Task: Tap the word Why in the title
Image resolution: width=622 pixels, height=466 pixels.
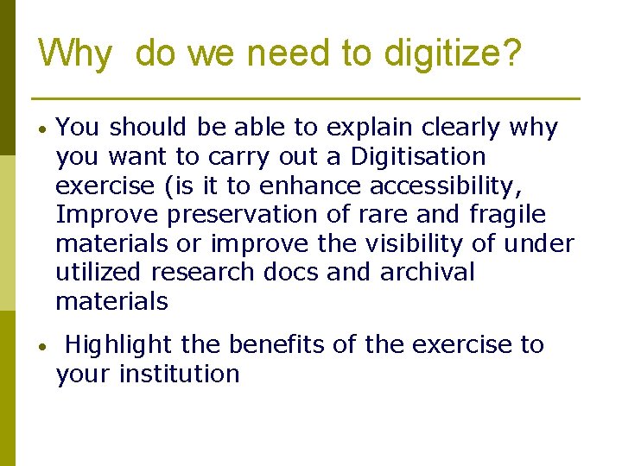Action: coord(75,54)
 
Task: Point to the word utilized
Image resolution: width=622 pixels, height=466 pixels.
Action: coord(98,273)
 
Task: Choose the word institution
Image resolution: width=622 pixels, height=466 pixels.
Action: coord(179,375)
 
